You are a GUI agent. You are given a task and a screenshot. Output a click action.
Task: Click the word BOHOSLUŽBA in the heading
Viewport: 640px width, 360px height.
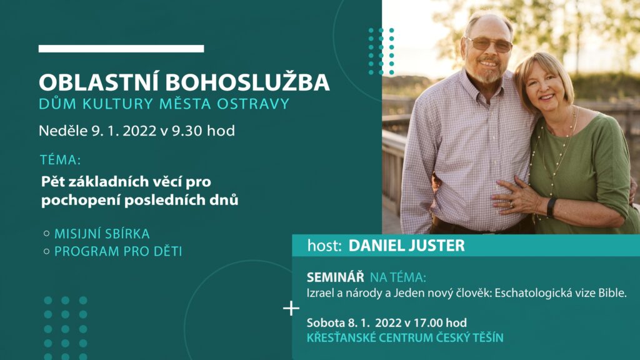[x=247, y=82]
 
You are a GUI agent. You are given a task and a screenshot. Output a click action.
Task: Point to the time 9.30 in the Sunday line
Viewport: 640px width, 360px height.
[x=187, y=131]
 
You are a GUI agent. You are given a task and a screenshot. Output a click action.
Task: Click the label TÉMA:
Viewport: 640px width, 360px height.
[x=61, y=159]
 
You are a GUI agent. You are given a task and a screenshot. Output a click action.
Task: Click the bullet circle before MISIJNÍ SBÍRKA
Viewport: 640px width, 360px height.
[x=46, y=234]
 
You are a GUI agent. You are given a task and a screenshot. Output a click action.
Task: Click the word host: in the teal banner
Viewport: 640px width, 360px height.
[x=324, y=246]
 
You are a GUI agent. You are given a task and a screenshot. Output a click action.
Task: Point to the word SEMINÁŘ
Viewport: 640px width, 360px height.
[x=335, y=277]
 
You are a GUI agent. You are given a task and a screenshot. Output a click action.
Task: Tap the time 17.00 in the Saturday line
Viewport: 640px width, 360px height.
[x=428, y=323]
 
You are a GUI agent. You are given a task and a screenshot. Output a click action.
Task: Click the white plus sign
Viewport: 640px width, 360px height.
[x=291, y=308]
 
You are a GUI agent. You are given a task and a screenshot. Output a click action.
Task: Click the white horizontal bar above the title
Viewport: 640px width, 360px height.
[x=121, y=49]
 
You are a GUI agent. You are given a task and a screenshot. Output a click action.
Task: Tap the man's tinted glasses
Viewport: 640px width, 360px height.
[x=489, y=44]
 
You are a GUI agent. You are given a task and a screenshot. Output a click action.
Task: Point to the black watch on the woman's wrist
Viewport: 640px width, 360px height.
[x=551, y=207]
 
